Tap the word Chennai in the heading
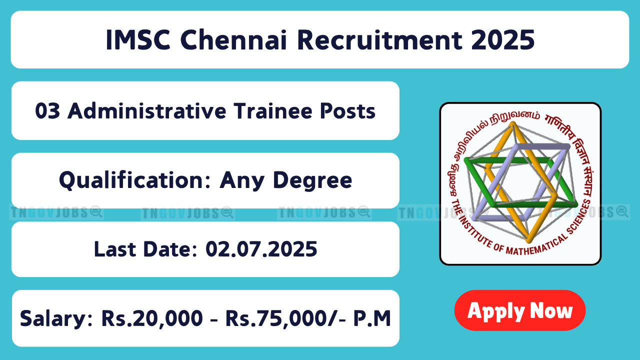233,39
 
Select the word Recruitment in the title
379,39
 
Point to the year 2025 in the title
503,39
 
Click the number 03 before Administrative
47,111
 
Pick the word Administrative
147,111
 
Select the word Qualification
135,180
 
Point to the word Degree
312,180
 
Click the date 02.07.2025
261,249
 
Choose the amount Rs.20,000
152,318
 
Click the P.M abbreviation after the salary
372,318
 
